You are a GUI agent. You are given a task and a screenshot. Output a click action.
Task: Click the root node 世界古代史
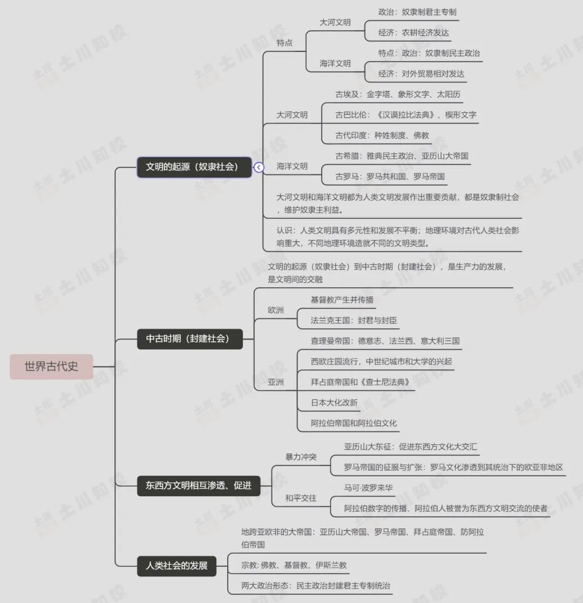coord(51,367)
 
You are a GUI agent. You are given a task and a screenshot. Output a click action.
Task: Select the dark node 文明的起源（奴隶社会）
coord(194,167)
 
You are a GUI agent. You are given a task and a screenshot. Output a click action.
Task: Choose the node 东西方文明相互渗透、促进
coord(199,485)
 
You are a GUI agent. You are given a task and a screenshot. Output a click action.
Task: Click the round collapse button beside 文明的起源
coord(259,167)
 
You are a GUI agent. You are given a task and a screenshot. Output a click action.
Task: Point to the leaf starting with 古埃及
coord(398,94)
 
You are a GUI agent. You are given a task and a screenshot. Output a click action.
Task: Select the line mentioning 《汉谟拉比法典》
coord(405,114)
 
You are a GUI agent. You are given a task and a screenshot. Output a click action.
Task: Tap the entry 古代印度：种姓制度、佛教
coord(382,135)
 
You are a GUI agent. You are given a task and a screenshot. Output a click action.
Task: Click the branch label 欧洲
coord(276,310)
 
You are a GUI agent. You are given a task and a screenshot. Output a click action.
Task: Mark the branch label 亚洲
coord(276,382)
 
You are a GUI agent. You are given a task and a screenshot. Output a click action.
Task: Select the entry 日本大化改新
coord(334,403)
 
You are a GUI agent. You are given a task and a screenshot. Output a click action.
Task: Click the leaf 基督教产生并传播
coord(342,300)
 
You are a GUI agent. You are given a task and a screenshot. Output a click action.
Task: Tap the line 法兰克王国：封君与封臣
coord(354,320)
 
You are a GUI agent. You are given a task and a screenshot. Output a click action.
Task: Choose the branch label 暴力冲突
coord(301,457)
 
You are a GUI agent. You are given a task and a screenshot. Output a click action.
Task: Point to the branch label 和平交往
coord(301,498)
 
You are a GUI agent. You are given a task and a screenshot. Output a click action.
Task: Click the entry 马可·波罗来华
coord(369,488)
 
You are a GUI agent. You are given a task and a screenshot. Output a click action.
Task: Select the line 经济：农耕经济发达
coord(413,32)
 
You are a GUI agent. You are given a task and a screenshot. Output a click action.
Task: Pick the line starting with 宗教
coord(294,565)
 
